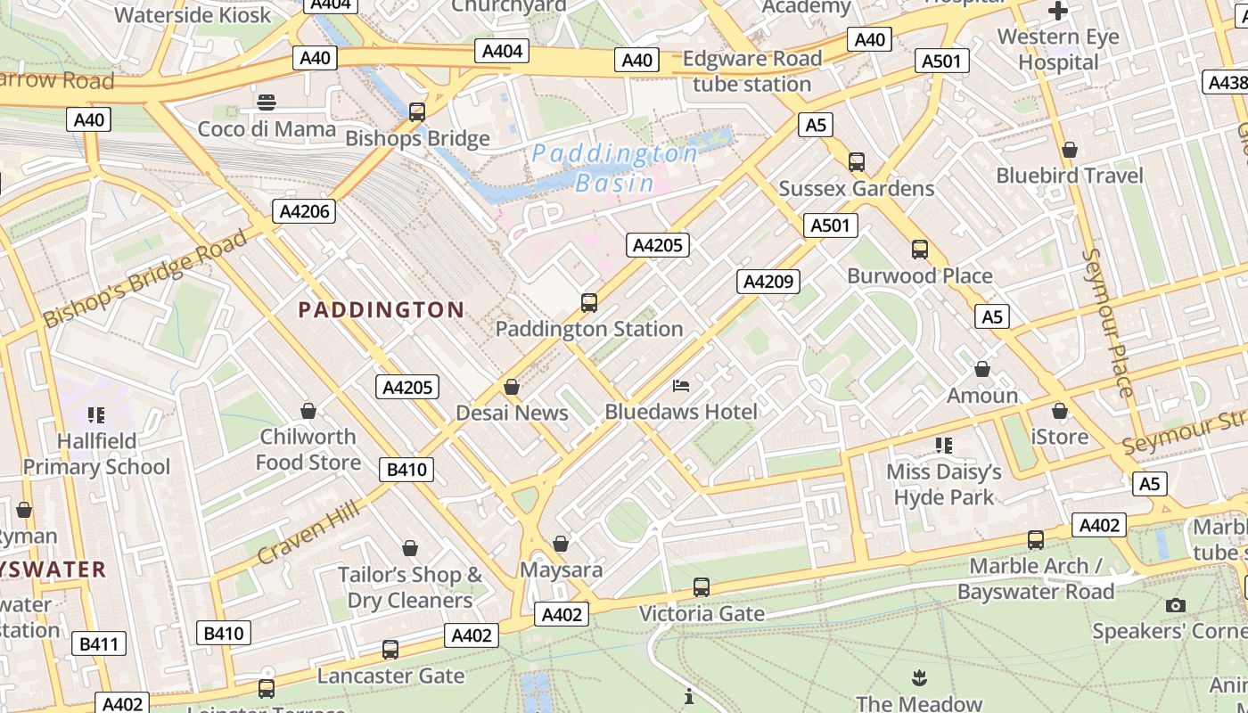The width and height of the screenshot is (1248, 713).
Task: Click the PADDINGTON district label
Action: pyautogui.click(x=381, y=310)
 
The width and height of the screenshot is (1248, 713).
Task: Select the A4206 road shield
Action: pyautogui.click(x=304, y=211)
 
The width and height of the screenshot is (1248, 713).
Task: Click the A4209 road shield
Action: pyautogui.click(x=768, y=282)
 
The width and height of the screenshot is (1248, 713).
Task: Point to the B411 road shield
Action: pyautogui.click(x=98, y=643)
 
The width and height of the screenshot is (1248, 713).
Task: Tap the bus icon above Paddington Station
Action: pyautogui.click(x=589, y=302)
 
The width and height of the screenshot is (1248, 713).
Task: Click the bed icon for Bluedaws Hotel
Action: pyautogui.click(x=681, y=386)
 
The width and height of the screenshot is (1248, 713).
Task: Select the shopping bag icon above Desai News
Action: pyautogui.click(x=512, y=387)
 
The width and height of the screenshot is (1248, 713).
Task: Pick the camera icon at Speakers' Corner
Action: pyautogui.click(x=1176, y=606)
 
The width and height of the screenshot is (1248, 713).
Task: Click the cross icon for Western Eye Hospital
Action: pyautogui.click(x=1058, y=12)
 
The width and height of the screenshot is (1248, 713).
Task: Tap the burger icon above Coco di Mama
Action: pyautogui.click(x=266, y=102)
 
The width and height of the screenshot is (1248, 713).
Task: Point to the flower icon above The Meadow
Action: pyautogui.click(x=919, y=678)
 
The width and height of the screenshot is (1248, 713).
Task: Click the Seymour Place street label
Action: pyautogui.click(x=1108, y=323)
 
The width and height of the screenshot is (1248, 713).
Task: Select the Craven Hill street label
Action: pyautogui.click(x=308, y=532)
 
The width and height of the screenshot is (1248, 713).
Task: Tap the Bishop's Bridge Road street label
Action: pyautogui.click(x=145, y=278)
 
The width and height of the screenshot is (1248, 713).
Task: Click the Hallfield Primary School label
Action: pyautogui.click(x=96, y=454)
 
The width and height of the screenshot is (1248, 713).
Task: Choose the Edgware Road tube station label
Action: pyautogui.click(x=752, y=71)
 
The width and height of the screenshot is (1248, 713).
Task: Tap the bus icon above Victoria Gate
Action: pyautogui.click(x=702, y=588)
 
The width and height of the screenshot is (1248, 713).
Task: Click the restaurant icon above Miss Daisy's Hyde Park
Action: pyautogui.click(x=944, y=445)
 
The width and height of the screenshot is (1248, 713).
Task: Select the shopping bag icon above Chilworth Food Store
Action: pyautogui.click(x=308, y=411)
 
